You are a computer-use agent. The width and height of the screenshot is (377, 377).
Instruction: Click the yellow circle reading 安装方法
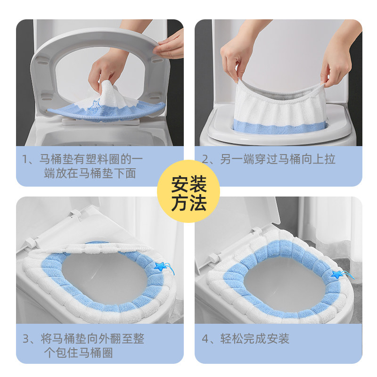coord(188,191)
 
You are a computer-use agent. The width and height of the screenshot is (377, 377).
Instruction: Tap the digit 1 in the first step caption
coord(25,159)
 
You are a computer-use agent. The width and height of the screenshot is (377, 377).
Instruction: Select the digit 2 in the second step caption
coord(205,159)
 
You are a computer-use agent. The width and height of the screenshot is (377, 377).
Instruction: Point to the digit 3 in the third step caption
coord(26,338)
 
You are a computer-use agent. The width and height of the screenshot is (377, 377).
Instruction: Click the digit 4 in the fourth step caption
coord(205,338)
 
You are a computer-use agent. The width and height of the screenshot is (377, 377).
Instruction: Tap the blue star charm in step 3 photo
coord(160,266)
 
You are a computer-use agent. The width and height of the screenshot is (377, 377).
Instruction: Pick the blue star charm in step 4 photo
coord(336,274)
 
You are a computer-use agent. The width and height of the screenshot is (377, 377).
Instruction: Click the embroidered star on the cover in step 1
coord(94,107)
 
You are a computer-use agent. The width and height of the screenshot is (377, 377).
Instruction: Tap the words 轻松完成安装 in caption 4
coord(254,338)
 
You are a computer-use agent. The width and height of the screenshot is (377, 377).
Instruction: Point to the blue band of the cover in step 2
coord(279,129)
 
